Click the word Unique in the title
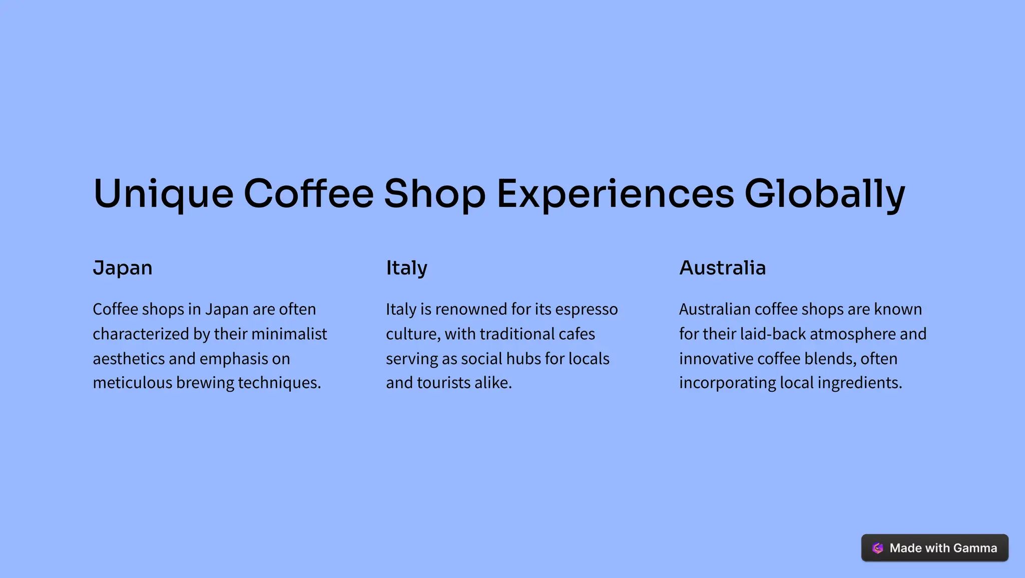tap(163, 194)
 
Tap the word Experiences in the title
tap(615, 194)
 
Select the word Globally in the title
tap(825, 194)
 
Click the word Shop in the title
tap(434, 194)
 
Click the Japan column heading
tap(123, 268)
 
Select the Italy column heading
tap(406, 268)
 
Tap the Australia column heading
tap(722, 268)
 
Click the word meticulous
tap(132, 383)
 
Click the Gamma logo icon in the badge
tap(877, 548)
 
